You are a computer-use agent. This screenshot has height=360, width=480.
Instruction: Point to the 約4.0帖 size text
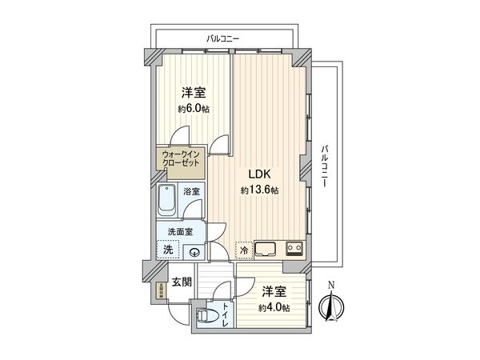click(274, 308)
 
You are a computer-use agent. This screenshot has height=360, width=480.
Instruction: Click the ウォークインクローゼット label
click(181, 157)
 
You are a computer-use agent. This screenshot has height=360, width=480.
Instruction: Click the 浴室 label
click(191, 192)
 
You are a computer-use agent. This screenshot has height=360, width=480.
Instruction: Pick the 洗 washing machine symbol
click(168, 250)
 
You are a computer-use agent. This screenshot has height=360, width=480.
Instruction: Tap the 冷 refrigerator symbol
click(244, 250)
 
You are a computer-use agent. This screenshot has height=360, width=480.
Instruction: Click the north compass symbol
click(330, 303)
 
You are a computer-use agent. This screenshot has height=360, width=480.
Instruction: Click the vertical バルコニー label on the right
click(326, 166)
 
